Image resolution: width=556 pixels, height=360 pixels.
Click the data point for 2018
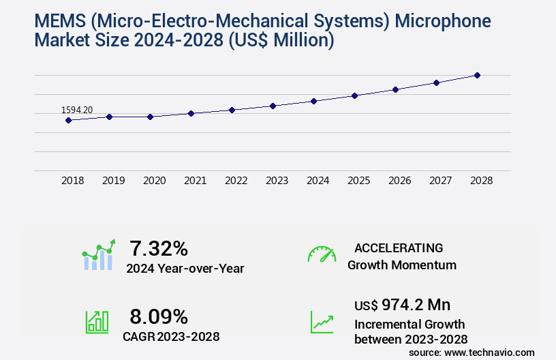click(x=68, y=121)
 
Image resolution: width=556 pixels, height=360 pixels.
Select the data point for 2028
click(x=477, y=75)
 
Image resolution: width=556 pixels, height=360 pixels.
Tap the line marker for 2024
click(x=313, y=101)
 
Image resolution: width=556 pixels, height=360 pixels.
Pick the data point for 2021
click(x=191, y=113)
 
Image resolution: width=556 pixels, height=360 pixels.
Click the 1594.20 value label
click(x=77, y=110)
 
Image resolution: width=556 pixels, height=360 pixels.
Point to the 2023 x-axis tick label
click(x=277, y=181)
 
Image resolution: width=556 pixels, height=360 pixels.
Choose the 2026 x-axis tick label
click(x=399, y=181)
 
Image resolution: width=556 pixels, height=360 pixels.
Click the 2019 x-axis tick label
click(x=113, y=181)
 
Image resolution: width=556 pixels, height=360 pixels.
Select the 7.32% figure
click(x=159, y=248)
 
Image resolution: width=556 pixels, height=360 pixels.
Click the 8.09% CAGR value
click(x=159, y=316)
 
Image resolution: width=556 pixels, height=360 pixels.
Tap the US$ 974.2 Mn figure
click(x=402, y=305)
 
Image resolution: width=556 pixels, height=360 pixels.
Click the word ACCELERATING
click(x=399, y=248)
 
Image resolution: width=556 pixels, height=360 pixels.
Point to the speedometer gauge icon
click(x=322, y=254)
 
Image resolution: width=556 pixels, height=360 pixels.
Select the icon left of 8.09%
click(x=97, y=322)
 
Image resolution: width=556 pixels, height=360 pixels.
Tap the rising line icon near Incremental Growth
click(x=322, y=322)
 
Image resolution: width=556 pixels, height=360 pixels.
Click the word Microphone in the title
click(x=443, y=21)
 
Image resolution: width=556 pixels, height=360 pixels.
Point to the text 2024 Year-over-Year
click(x=185, y=269)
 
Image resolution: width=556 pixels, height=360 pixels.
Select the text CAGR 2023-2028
click(x=171, y=336)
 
